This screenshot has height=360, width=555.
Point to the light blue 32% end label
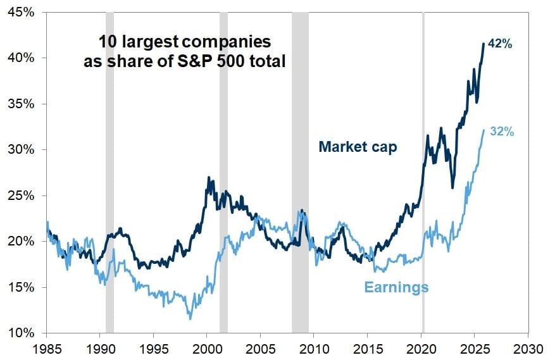pos(501,132)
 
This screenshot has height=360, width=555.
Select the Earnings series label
pos(396,287)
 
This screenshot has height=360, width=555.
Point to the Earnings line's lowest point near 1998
pos(189,318)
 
